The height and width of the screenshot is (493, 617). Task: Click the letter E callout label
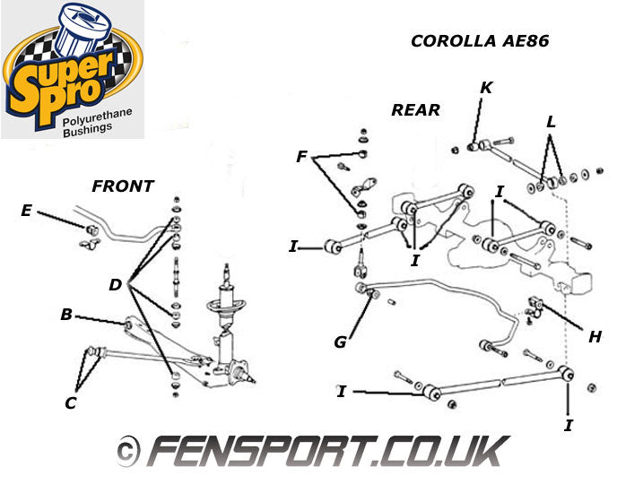tap(25, 211)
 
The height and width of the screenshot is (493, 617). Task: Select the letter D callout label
tap(114, 285)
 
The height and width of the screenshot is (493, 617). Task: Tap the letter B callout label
tap(65, 316)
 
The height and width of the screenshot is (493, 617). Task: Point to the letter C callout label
tap(70, 402)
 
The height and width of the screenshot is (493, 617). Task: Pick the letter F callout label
tap(302, 157)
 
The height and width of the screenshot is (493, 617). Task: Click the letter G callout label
tap(340, 341)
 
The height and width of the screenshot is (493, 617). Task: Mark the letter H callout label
tap(595, 337)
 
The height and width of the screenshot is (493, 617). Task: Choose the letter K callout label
tap(486, 88)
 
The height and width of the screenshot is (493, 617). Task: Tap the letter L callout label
tap(551, 120)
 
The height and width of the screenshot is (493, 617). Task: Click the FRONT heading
tap(123, 186)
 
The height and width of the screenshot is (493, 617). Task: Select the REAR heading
tap(415, 110)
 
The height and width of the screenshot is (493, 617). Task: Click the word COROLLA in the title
tap(454, 40)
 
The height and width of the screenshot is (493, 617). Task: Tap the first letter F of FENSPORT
tap(167, 450)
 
